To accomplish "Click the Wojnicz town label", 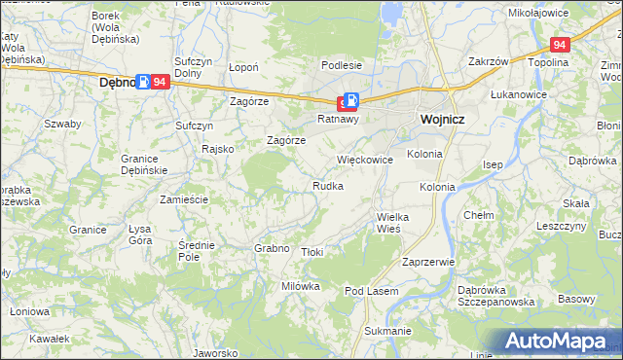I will point(443,119).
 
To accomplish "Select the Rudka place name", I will point(327,186).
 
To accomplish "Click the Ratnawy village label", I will point(339,120).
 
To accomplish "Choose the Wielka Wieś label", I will point(394,222).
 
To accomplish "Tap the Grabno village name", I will point(273,248).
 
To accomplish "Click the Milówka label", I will point(301,286).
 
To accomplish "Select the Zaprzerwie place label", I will point(428,262).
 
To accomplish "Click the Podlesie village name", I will point(342,65).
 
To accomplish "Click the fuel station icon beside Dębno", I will point(144,83).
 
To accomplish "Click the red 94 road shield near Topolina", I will point(559,45).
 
